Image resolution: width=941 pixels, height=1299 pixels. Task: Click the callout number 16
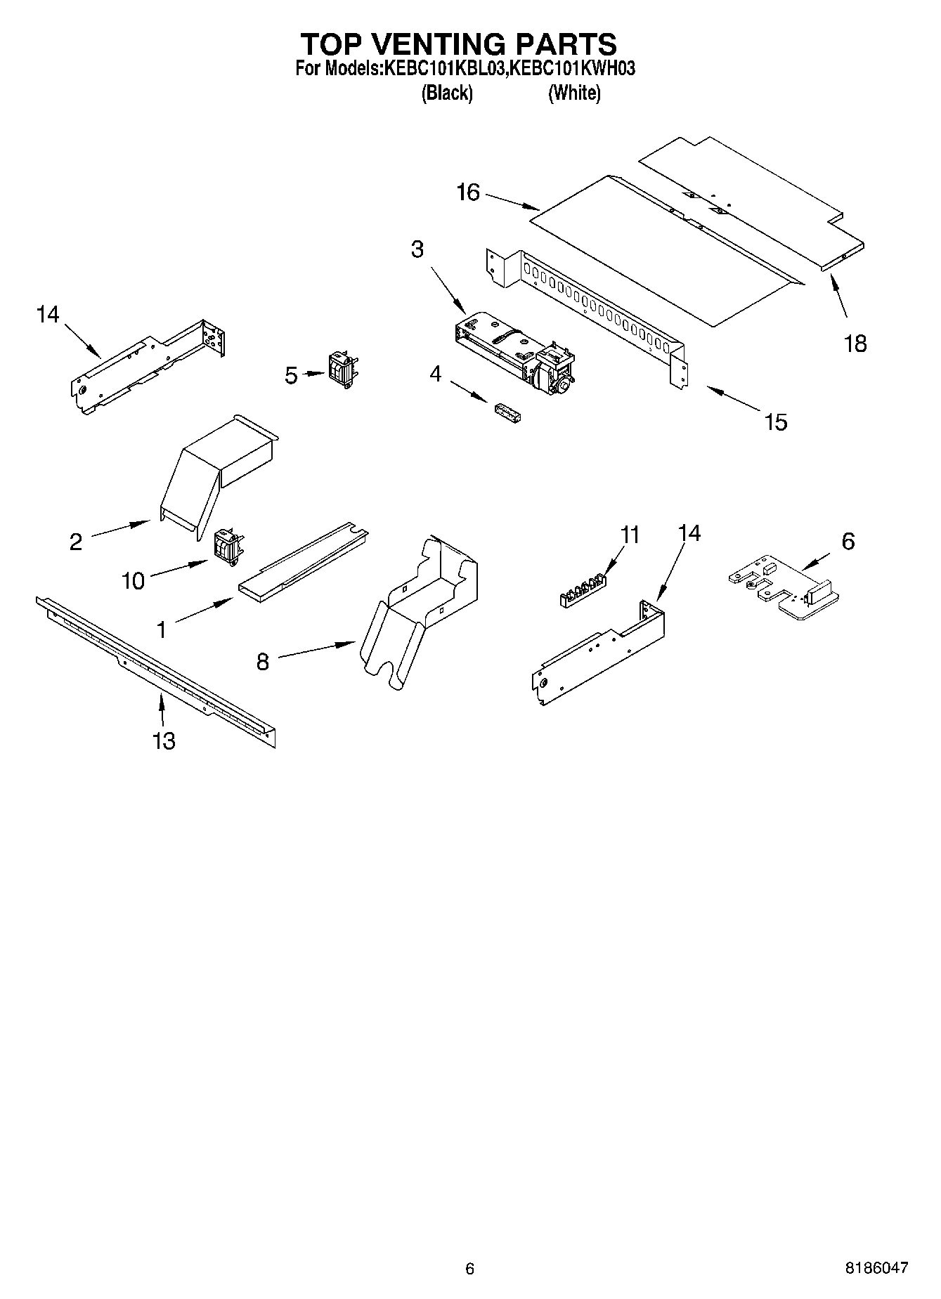click(467, 192)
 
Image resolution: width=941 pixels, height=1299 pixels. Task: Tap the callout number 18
click(855, 344)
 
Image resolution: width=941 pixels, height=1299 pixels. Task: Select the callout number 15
click(776, 422)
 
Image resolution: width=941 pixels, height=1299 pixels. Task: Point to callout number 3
click(417, 249)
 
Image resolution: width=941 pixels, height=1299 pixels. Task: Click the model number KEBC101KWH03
click(573, 69)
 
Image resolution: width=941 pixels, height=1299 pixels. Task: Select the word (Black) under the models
click(447, 93)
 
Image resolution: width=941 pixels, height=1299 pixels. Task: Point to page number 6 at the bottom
click(469, 1268)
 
